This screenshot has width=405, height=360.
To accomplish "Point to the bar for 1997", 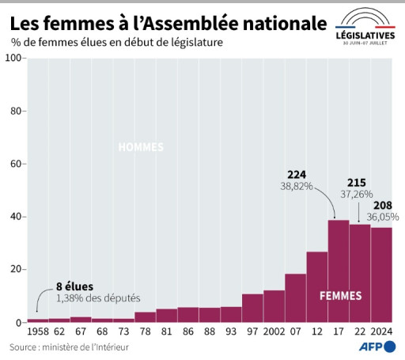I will click(x=252, y=308).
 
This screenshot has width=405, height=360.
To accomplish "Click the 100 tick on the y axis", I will click(x=14, y=59).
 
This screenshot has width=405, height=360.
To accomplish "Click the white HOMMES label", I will click(x=142, y=147).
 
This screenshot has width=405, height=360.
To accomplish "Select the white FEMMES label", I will click(x=341, y=296).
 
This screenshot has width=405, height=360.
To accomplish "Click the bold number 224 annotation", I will click(x=297, y=173).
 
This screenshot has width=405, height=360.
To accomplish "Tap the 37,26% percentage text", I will click(x=358, y=194).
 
